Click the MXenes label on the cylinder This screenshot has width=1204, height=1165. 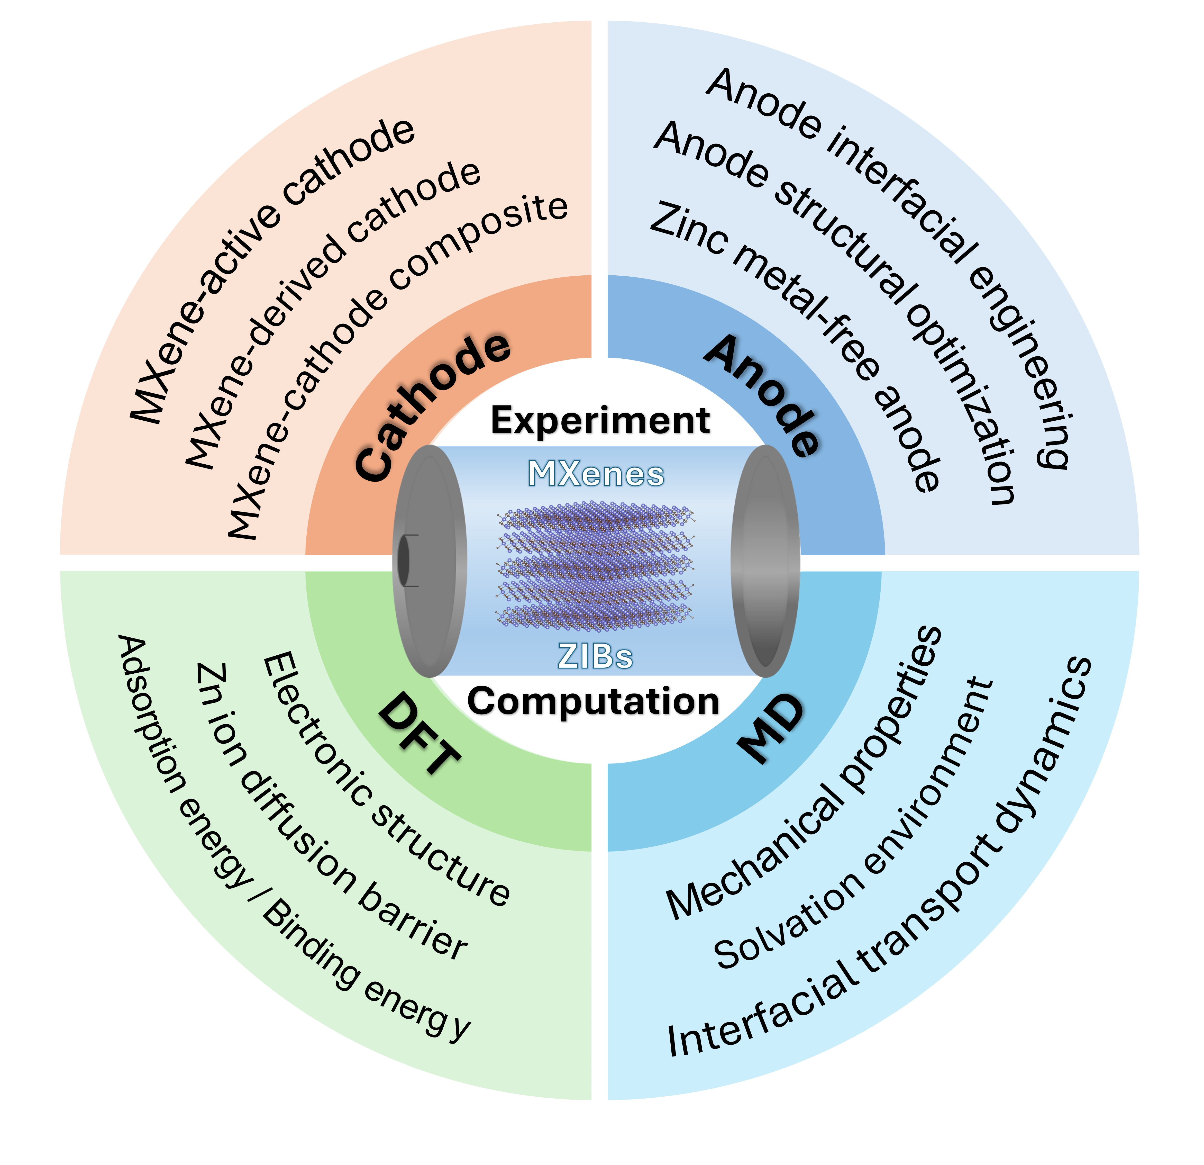click(596, 474)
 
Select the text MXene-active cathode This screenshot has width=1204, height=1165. click(270, 270)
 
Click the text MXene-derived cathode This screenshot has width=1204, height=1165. click(332, 313)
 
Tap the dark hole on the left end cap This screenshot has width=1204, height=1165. click(404, 560)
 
